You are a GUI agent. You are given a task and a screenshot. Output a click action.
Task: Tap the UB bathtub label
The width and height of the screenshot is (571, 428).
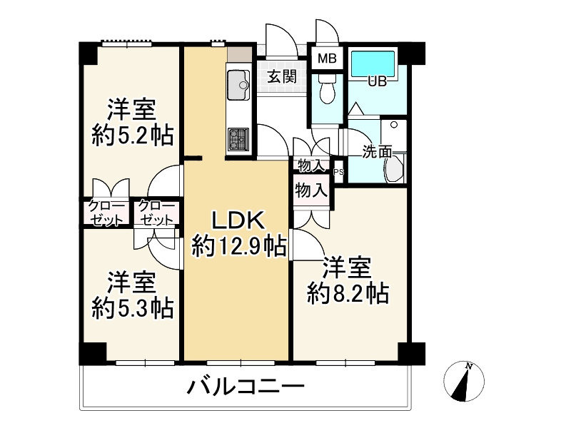[x=377, y=81]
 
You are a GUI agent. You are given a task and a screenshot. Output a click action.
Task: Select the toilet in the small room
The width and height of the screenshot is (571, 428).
[x=328, y=91]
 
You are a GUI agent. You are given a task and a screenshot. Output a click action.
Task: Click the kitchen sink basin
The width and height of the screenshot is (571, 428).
[x=237, y=86]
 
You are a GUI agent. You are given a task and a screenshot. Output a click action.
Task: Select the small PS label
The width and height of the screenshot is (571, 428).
[x=338, y=171]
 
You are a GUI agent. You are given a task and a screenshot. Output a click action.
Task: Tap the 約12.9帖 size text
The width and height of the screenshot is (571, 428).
[x=239, y=245]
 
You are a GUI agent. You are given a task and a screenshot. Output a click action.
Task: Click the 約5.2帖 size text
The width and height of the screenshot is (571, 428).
[x=133, y=135]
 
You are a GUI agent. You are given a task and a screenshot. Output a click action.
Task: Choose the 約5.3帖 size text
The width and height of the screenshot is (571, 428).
[x=133, y=307]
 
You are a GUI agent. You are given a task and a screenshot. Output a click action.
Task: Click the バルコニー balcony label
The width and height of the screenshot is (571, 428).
[x=246, y=388]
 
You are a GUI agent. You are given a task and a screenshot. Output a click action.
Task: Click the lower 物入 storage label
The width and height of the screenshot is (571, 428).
[x=311, y=190]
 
